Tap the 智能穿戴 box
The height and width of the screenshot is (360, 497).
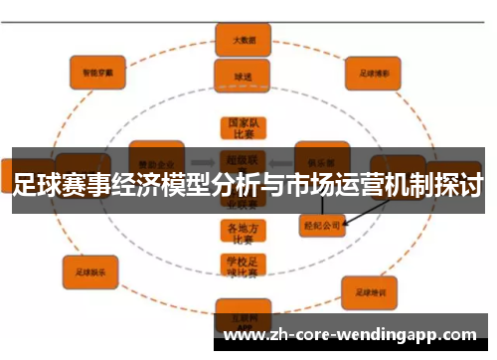click(x=97, y=71)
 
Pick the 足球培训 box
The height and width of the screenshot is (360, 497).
click(x=370, y=290)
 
